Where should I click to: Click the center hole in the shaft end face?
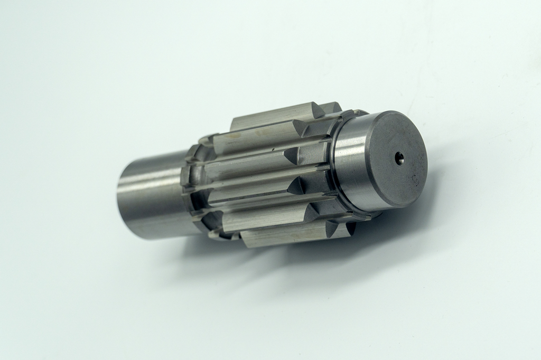[399, 156]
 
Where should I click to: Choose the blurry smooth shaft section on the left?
[151, 195]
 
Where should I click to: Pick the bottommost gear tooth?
[285, 235]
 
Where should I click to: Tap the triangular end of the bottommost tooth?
[332, 228]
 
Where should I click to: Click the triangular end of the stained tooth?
[299, 128]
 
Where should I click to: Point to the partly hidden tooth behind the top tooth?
[332, 107]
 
